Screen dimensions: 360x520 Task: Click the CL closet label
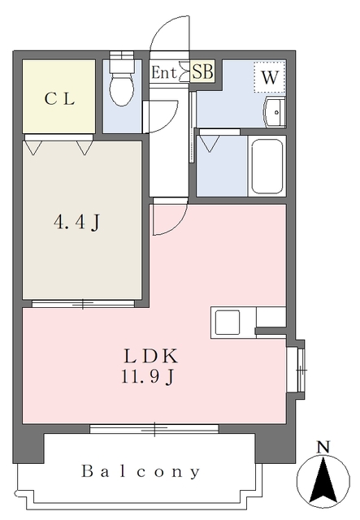pyautogui.click(x=59, y=98)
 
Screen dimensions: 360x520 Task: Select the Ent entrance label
pyautogui.click(x=163, y=72)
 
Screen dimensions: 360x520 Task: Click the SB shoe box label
pyautogui.click(x=202, y=71)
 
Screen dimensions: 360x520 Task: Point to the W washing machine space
pyautogui.click(x=270, y=77)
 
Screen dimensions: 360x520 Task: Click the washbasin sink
pyautogui.click(x=275, y=112)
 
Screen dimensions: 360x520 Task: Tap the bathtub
pyautogui.click(x=267, y=166)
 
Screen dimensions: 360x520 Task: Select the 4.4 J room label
pyautogui.click(x=76, y=222)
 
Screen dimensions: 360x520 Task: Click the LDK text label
pyautogui.click(x=151, y=356)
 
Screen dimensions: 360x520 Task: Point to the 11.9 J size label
pyautogui.click(x=147, y=377)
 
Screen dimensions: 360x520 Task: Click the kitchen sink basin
pyautogui.click(x=228, y=322)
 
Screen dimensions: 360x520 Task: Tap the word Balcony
pyautogui.click(x=141, y=471)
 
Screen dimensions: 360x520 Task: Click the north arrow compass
pyautogui.click(x=323, y=480)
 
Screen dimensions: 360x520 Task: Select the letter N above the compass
pyautogui.click(x=323, y=447)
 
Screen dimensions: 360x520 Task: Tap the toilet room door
pyautogui.click(x=160, y=117)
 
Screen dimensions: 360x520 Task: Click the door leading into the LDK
pyautogui.click(x=170, y=217)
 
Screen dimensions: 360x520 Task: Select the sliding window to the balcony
pyautogui.click(x=154, y=428)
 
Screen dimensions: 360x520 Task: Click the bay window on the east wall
pyautogui.click(x=300, y=369)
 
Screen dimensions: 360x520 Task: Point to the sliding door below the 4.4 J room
pyautogui.click(x=83, y=303)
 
